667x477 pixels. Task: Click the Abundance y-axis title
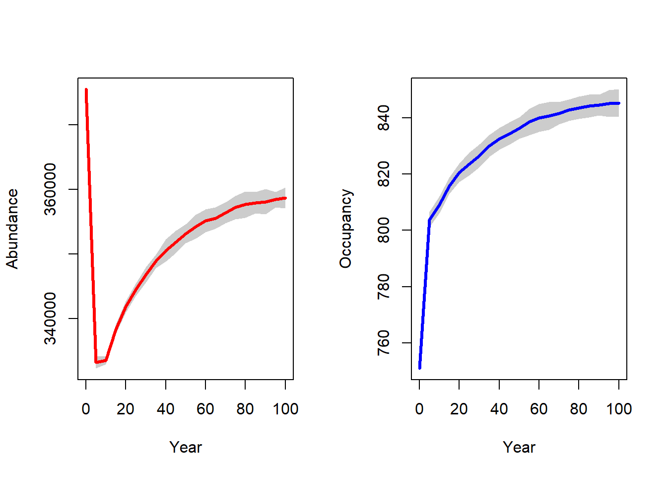tap(12, 229)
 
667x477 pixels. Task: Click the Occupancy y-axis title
tap(345, 229)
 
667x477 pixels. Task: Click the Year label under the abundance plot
tap(186, 447)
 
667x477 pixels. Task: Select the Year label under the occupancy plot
tap(519, 447)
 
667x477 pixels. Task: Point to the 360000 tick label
tap(51, 189)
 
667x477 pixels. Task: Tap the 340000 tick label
tap(51, 318)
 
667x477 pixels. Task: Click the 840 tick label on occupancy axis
tap(384, 118)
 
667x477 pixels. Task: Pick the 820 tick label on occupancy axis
tap(384, 174)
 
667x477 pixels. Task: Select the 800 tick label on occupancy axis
tap(384, 231)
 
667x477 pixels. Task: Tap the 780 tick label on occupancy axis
tap(384, 287)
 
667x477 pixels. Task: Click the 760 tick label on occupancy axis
tap(384, 343)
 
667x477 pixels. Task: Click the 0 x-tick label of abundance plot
tap(86, 409)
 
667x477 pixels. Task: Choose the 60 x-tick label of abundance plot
tap(205, 409)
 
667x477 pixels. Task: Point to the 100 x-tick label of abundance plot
tap(285, 409)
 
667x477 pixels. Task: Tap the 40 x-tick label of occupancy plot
tap(499, 409)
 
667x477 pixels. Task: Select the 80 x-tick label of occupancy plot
tap(579, 409)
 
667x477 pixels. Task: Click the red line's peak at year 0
tap(86, 90)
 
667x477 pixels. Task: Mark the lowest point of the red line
tap(96, 362)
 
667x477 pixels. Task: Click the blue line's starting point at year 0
tap(420, 368)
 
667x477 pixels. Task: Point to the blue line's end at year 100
tap(619, 103)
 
